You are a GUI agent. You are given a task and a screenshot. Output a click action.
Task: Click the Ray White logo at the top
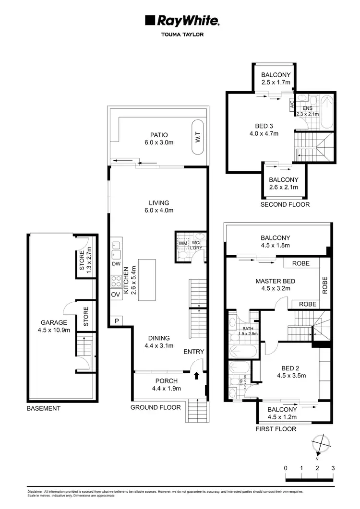[x=182, y=21]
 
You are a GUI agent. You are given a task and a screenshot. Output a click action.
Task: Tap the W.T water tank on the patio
[x=198, y=140]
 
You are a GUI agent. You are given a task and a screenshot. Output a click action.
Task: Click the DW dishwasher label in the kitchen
[x=116, y=264]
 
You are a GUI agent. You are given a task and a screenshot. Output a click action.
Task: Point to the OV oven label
[x=115, y=295]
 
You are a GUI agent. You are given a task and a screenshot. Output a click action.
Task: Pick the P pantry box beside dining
[x=115, y=320]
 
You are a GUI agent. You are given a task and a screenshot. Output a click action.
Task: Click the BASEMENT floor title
[x=43, y=408]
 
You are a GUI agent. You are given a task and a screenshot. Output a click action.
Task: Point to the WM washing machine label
[x=182, y=244]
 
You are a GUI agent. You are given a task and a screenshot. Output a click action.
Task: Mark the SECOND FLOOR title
[x=285, y=204]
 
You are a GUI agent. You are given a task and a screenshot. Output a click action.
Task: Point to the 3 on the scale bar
[x=333, y=468]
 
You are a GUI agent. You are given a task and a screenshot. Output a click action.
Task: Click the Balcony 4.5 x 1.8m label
[x=275, y=241]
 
